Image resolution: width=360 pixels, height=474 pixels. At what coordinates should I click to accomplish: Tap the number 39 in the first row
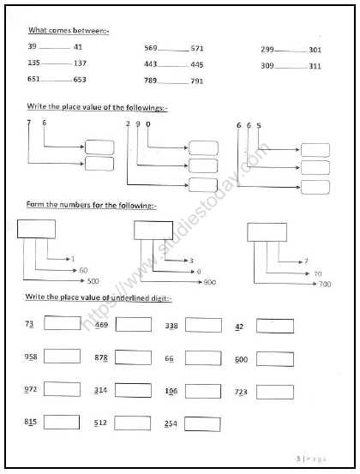(x=33, y=46)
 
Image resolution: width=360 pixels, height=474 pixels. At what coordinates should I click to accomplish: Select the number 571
(x=197, y=49)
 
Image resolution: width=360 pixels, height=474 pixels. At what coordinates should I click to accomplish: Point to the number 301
(x=315, y=50)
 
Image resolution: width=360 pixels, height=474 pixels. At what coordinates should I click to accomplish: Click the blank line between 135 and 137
(x=57, y=64)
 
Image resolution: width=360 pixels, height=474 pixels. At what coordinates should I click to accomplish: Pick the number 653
(x=80, y=79)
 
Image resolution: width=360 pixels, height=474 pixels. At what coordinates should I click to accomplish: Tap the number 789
(x=151, y=81)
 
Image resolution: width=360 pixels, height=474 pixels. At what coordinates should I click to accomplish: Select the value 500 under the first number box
(x=93, y=280)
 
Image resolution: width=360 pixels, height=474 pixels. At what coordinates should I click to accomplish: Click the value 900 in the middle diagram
(x=209, y=281)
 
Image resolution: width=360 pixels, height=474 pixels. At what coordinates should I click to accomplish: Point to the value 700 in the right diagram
(x=325, y=283)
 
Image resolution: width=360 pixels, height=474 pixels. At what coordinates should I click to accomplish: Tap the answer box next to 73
(x=62, y=324)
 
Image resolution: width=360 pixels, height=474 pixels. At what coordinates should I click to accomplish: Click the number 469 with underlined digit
(x=101, y=325)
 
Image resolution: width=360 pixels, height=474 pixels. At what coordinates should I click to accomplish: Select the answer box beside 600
(x=274, y=358)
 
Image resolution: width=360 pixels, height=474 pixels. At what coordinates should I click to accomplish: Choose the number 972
(x=32, y=390)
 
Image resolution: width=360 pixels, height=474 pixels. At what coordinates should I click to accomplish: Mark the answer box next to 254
(x=202, y=423)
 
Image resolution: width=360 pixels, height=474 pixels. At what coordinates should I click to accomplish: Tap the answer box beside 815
(x=62, y=422)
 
